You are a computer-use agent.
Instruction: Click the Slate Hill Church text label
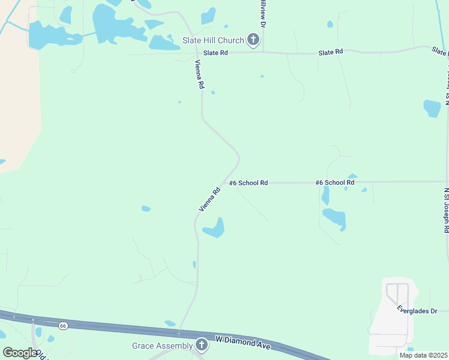point(213,40)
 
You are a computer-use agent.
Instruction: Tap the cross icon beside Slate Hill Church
point(253,40)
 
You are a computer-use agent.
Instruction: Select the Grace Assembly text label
point(163,346)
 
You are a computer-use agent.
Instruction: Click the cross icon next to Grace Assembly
point(202,345)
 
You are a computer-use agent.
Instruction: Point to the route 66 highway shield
point(63,325)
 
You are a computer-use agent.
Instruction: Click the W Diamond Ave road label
point(243,343)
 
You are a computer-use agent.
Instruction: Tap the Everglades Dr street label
point(422,310)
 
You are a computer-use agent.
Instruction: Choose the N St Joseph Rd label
point(446,210)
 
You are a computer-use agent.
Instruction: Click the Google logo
point(20,353)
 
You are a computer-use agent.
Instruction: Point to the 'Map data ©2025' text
point(423,355)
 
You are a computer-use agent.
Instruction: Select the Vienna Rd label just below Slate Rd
point(199,74)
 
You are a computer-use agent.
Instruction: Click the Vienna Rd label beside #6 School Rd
point(209,199)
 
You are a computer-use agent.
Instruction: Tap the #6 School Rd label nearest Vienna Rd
point(248,182)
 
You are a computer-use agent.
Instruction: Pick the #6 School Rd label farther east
point(335,182)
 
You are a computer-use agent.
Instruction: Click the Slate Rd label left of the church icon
point(215,53)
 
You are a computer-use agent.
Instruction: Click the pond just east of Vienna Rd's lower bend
point(214,229)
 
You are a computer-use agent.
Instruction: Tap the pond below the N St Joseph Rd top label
point(432,108)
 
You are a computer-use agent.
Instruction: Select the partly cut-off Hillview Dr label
point(262,12)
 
